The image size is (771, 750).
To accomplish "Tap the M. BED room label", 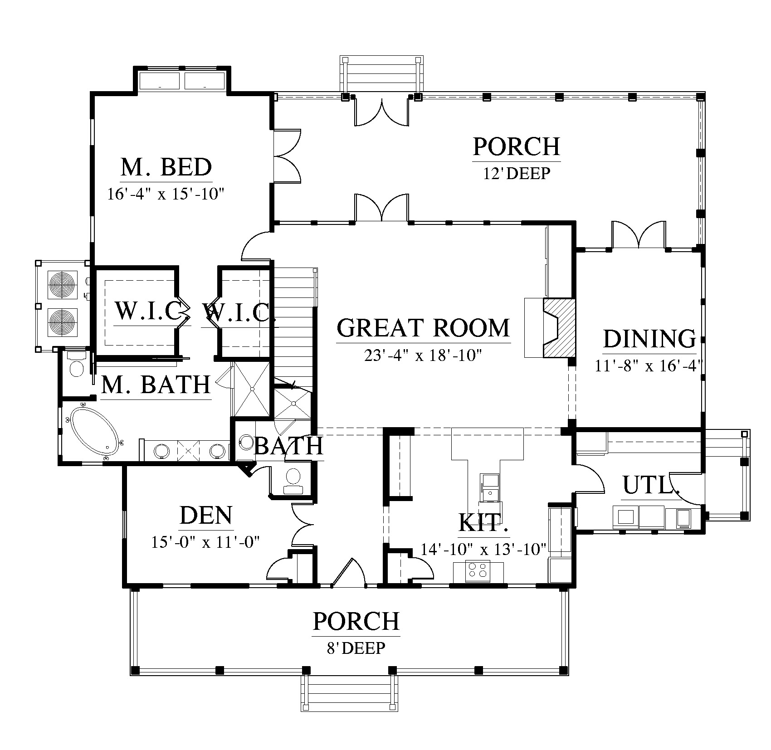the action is click(166, 167).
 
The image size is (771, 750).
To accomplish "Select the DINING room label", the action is click(649, 339).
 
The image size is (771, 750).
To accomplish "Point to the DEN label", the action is click(206, 516).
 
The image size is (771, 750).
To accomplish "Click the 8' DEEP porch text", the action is click(356, 648).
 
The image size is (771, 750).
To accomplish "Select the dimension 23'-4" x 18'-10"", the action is click(422, 355).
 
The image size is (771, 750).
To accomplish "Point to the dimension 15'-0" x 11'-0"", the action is click(205, 542).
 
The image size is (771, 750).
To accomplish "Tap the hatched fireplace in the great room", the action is click(559, 327).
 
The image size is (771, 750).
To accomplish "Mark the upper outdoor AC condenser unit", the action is click(63, 285).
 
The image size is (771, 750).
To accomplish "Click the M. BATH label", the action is click(156, 385).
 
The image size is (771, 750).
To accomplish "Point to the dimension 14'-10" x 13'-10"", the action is click(483, 549).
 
